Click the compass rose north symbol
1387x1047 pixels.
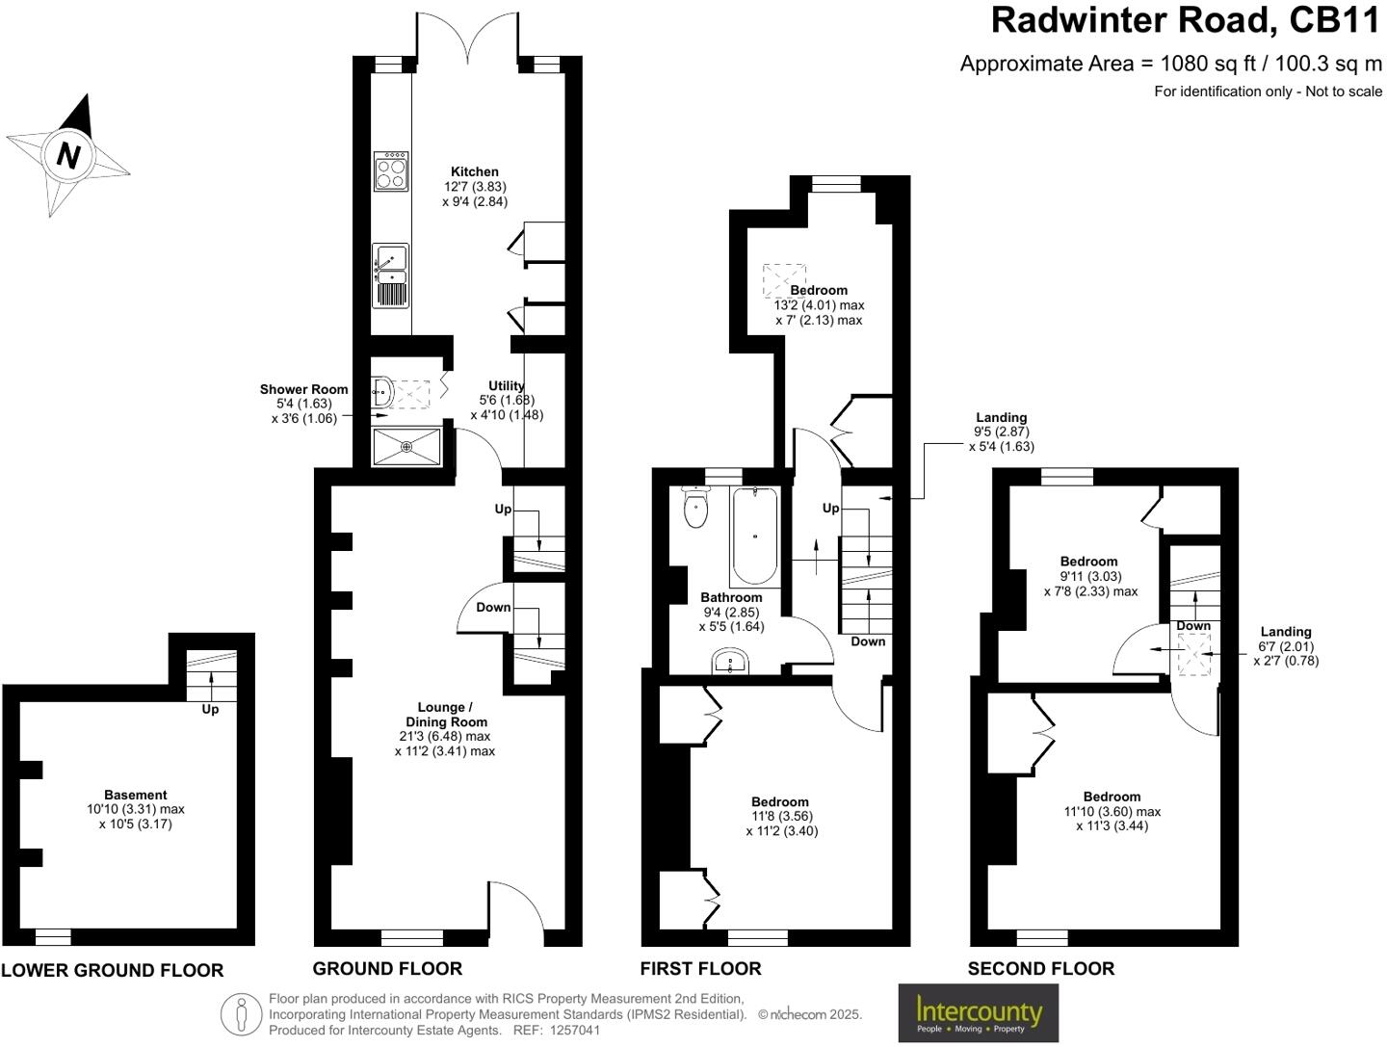[x=67, y=154]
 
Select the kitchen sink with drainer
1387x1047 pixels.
[x=391, y=275]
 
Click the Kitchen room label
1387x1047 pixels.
[x=475, y=172]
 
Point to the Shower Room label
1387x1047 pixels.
[x=303, y=389]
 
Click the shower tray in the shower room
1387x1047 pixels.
[x=406, y=447]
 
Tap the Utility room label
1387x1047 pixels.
[x=507, y=385]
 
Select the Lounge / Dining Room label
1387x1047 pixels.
[x=446, y=714]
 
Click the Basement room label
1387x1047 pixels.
[x=136, y=795]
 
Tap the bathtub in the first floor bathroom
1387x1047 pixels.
[x=755, y=537]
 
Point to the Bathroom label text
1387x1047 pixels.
[x=731, y=597]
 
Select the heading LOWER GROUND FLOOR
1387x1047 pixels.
[x=112, y=971]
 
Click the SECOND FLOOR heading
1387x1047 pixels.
[x=1041, y=969]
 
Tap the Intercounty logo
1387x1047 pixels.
[x=978, y=1013]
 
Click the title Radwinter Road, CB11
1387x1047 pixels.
[x=1186, y=20]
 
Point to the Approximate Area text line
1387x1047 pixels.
[x=1170, y=64]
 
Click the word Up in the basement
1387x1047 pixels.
[x=210, y=709]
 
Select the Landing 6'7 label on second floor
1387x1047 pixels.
[x=1285, y=632]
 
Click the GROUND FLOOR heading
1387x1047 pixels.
[x=387, y=969]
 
